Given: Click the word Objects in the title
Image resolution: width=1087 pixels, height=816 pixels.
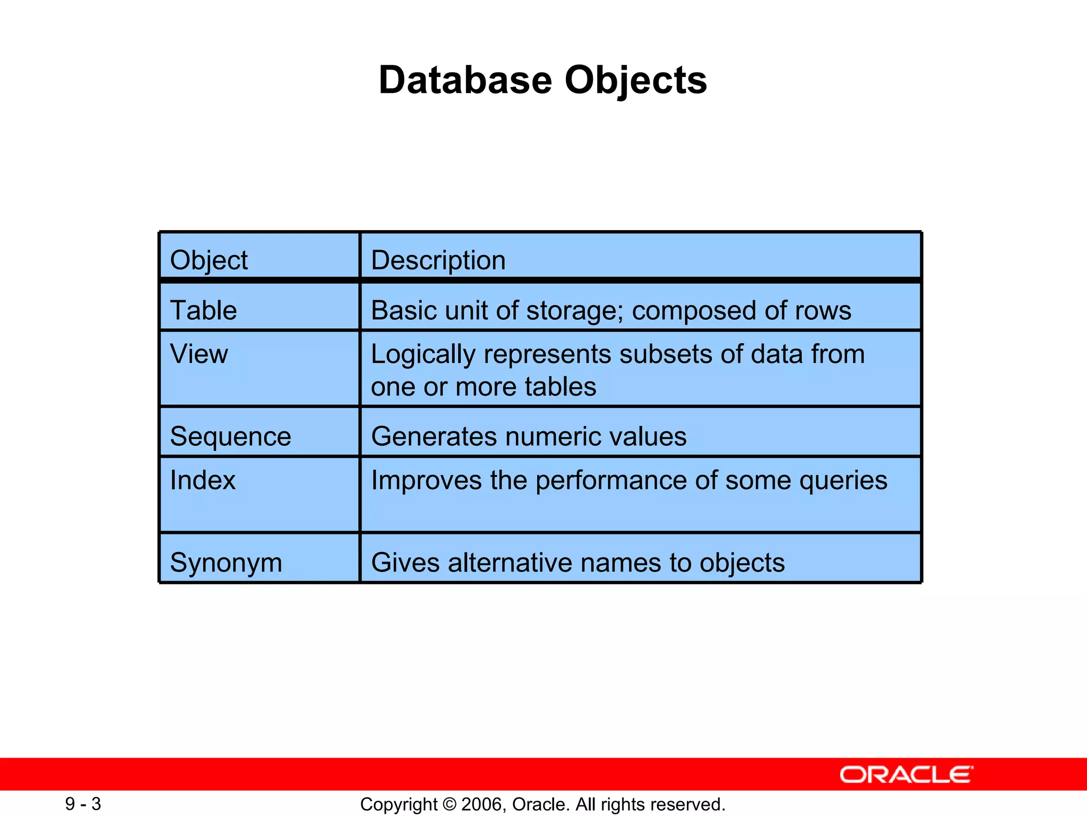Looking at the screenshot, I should [635, 81].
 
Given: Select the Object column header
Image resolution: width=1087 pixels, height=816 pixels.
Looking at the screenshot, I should [209, 260].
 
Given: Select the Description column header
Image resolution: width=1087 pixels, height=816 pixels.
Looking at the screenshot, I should [438, 260].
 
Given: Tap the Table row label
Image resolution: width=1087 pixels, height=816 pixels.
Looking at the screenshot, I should [203, 310].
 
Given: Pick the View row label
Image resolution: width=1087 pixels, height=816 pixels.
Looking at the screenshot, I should [199, 354].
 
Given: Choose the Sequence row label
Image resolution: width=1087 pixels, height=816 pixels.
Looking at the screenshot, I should [230, 437].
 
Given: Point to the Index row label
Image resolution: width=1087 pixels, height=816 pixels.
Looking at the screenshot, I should [203, 480].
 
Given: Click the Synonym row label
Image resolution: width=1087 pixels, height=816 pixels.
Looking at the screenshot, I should [226, 563].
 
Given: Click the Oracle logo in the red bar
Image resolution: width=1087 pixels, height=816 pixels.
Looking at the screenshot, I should [906, 775].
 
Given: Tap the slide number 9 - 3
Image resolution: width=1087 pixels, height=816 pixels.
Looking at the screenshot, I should [83, 804].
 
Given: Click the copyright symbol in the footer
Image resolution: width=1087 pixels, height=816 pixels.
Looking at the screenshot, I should [449, 804].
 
